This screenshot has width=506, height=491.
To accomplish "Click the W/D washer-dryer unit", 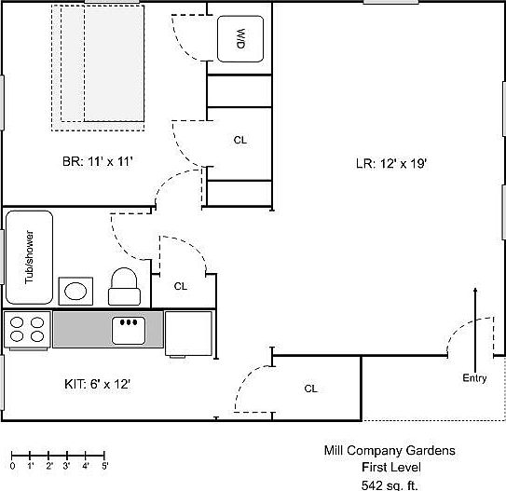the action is click(x=240, y=39).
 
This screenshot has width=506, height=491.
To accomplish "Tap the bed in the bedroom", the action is click(x=98, y=68).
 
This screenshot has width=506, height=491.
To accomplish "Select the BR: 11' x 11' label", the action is click(x=98, y=161).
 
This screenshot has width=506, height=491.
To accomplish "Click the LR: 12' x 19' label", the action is click(x=391, y=164).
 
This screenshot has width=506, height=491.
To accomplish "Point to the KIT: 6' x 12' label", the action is click(x=97, y=384).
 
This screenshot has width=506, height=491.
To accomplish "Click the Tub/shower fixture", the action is click(x=29, y=257).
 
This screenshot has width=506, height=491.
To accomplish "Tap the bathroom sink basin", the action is click(x=75, y=291).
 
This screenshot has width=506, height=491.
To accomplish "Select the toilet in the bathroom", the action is click(x=124, y=286).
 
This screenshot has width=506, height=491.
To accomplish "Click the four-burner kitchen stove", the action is click(x=27, y=330).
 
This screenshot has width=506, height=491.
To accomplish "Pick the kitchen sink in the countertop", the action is click(x=129, y=330).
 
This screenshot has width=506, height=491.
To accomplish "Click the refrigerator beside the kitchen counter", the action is click(x=188, y=334).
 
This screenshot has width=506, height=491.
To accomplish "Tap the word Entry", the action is click(x=474, y=378).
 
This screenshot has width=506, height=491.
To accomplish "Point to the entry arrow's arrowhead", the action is click(x=475, y=290).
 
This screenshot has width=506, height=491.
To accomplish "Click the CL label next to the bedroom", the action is click(x=240, y=140).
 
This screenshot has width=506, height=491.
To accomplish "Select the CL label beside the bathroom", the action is click(x=181, y=286).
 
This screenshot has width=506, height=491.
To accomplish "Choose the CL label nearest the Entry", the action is click(x=310, y=389).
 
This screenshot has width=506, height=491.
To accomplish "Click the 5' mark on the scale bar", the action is click(x=104, y=456).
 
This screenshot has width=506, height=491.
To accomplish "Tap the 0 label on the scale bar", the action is click(x=12, y=466).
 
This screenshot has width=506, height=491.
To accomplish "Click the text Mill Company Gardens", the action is click(x=390, y=450).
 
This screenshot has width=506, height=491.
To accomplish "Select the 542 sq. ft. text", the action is click(x=390, y=485).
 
